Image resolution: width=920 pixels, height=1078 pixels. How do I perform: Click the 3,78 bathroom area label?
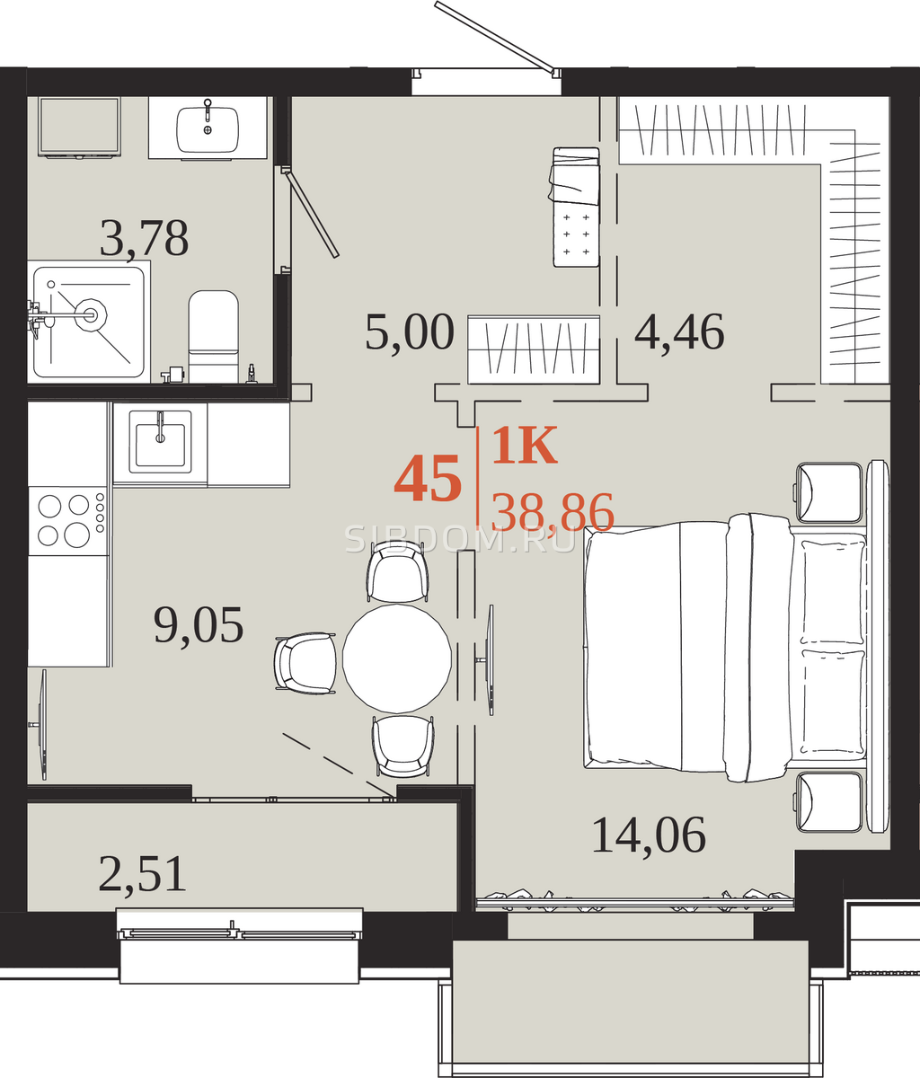tap(144, 239)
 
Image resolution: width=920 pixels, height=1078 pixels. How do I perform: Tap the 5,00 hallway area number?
tap(410, 332)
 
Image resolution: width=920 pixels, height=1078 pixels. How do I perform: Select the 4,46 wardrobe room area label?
tap(679, 332)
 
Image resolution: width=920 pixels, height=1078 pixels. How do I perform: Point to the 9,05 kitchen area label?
tap(199, 625)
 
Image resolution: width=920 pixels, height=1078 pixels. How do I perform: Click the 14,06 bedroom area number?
tap(650, 835)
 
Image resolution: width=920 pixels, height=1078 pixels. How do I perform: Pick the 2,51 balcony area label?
tap(142, 873)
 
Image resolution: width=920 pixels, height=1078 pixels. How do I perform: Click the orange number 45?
tap(428, 478)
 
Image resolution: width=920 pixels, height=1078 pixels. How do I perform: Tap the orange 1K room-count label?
tap(524, 445)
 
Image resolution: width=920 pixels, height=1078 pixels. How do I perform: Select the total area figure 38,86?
tap(553, 512)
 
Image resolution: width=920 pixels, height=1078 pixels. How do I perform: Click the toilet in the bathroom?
tap(213, 336)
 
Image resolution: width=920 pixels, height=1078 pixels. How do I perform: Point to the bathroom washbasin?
tap(208, 128)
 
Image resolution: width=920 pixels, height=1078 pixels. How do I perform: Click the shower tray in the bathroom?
tap(89, 322)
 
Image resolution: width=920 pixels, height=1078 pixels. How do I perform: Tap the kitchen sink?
tap(160, 441)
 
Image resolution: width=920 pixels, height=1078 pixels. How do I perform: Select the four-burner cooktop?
tap(67, 520)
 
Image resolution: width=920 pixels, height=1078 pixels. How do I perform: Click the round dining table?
tap(397, 658)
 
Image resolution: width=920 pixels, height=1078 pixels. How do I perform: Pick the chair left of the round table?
tap(305, 663)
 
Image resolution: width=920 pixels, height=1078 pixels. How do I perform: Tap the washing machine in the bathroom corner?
tap(79, 127)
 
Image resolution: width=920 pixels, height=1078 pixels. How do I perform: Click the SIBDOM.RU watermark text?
tap(460, 539)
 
